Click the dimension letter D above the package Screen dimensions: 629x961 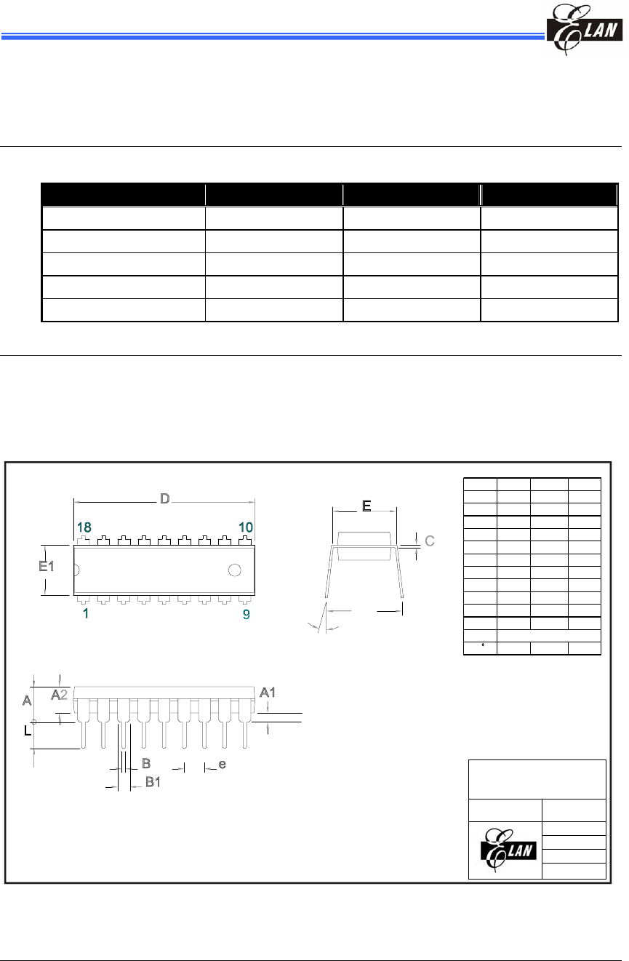coord(164,499)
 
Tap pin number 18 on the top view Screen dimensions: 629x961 coord(84,527)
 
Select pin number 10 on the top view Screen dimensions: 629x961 coord(247,527)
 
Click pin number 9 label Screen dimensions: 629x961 coord(247,614)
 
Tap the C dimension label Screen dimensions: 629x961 coord(430,541)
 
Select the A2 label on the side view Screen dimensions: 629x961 coord(60,695)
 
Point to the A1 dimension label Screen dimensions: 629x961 coord(268,692)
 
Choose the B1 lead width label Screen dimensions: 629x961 coord(153,782)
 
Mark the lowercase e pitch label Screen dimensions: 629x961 coord(223,765)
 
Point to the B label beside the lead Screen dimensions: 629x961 coord(145,763)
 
